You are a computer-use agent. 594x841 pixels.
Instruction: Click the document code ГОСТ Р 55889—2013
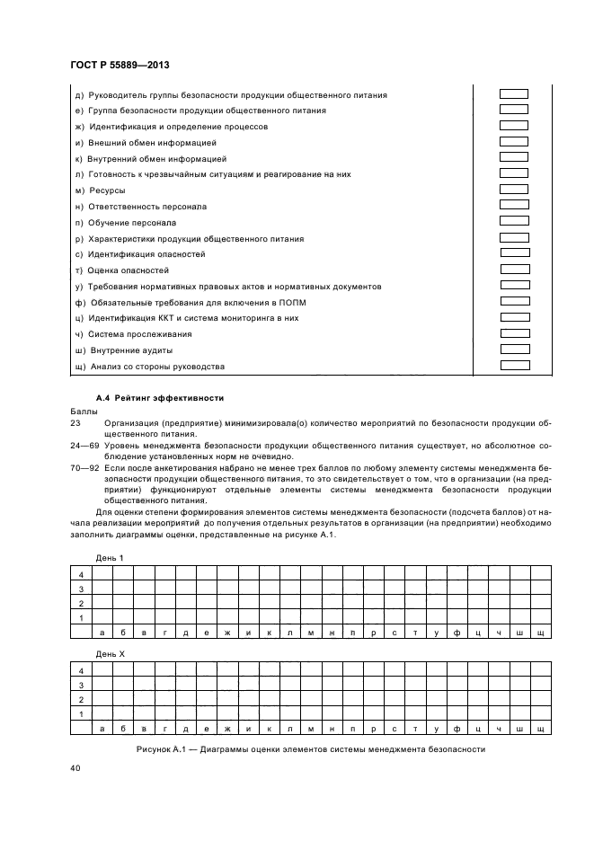(120, 66)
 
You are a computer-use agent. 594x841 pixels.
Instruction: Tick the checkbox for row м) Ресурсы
(514, 190)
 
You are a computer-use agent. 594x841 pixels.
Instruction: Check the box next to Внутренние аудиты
(514, 350)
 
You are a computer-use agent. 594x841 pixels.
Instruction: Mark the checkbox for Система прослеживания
(514, 333)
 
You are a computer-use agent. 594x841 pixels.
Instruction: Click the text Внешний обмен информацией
(146, 143)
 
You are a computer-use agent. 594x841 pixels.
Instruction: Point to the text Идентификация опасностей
(147, 254)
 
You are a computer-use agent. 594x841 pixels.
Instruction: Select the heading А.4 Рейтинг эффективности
(159, 397)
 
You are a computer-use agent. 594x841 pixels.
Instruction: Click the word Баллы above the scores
(83, 410)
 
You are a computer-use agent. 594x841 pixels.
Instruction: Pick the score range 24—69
(83, 445)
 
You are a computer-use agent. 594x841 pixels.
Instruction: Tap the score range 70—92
(83, 468)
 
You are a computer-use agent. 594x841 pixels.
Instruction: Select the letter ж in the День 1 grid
(227, 633)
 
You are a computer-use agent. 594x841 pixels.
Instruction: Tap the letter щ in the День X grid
(541, 728)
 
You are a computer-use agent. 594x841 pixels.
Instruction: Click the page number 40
(75, 768)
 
